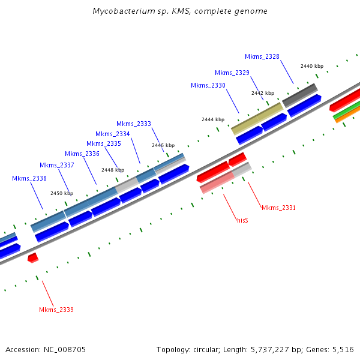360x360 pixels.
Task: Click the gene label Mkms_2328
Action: pos(262,56)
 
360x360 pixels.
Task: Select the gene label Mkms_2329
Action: pos(232,73)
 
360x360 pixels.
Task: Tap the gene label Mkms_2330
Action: pos(208,85)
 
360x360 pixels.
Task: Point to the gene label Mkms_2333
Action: pos(133,124)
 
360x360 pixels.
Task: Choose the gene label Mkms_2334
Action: pos(112,134)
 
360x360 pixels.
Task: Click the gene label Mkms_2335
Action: pos(103,143)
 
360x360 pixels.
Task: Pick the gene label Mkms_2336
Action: pos(82,154)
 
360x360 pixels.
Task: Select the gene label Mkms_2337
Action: pos(56,165)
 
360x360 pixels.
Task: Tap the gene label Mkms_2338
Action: pos(29,178)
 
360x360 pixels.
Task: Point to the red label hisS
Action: pos(242,220)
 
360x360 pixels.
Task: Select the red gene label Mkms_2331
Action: pos(278,208)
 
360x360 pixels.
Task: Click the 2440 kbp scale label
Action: pos(311,66)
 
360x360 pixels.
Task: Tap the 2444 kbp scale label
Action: pos(212,119)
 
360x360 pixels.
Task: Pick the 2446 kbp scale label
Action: pos(163,145)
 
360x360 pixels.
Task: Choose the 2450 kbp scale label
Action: pos(61,193)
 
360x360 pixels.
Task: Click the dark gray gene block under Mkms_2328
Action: pos(300,95)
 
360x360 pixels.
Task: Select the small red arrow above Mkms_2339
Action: pos(33,257)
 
